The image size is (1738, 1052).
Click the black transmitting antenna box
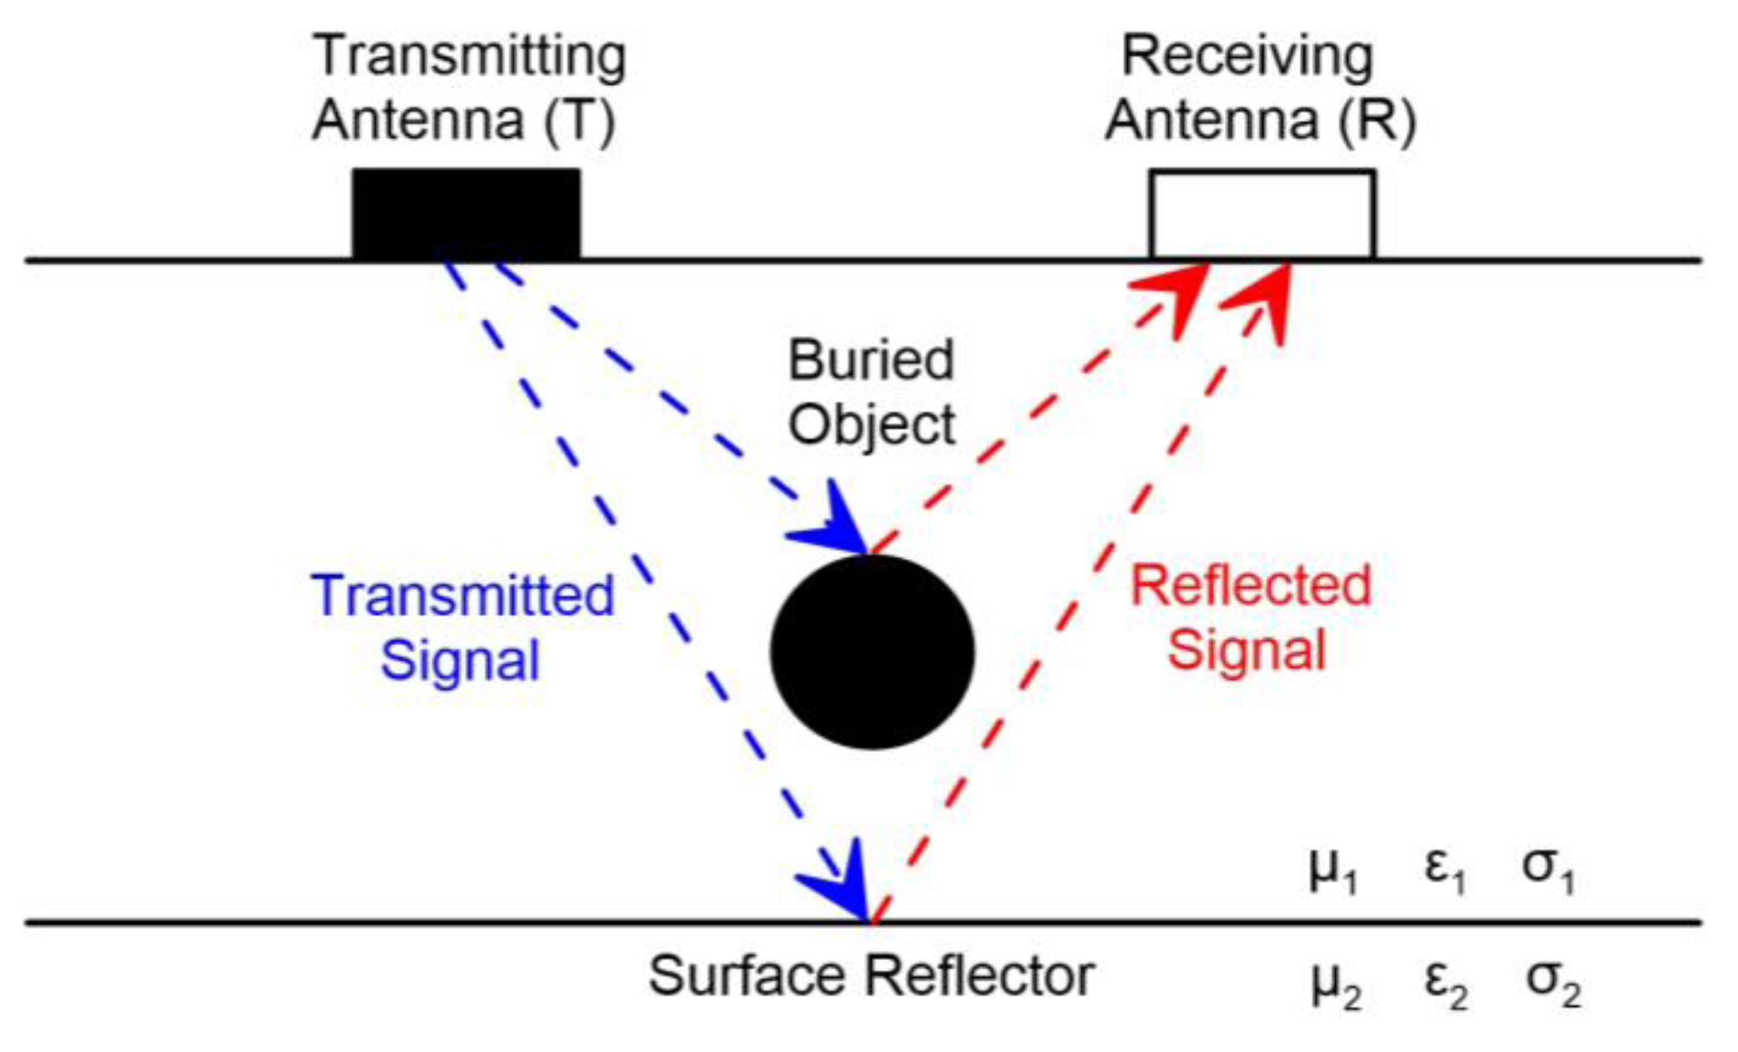pos(466,214)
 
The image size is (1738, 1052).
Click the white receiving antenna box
pos(1262,214)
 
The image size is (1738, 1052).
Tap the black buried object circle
pos(872,652)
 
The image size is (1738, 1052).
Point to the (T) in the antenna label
pos(579,121)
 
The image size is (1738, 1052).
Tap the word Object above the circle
pos(871,425)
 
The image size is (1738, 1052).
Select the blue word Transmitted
pos(463,596)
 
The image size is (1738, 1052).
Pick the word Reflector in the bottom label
pos(979,976)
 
